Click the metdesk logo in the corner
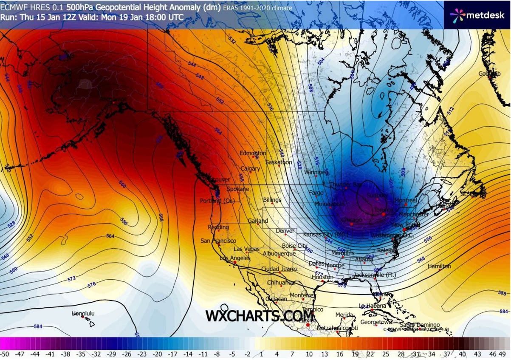point(477,15)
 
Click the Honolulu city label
point(83,314)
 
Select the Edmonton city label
point(253,153)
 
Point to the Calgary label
point(250,169)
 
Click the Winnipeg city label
point(316,172)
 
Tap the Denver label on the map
point(285,231)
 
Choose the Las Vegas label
point(246,249)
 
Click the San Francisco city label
point(218,241)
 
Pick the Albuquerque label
point(279,254)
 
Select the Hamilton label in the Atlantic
point(439,266)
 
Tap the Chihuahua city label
point(281,283)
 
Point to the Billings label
point(272,200)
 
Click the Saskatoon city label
point(279,162)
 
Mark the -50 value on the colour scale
point(5,354)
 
